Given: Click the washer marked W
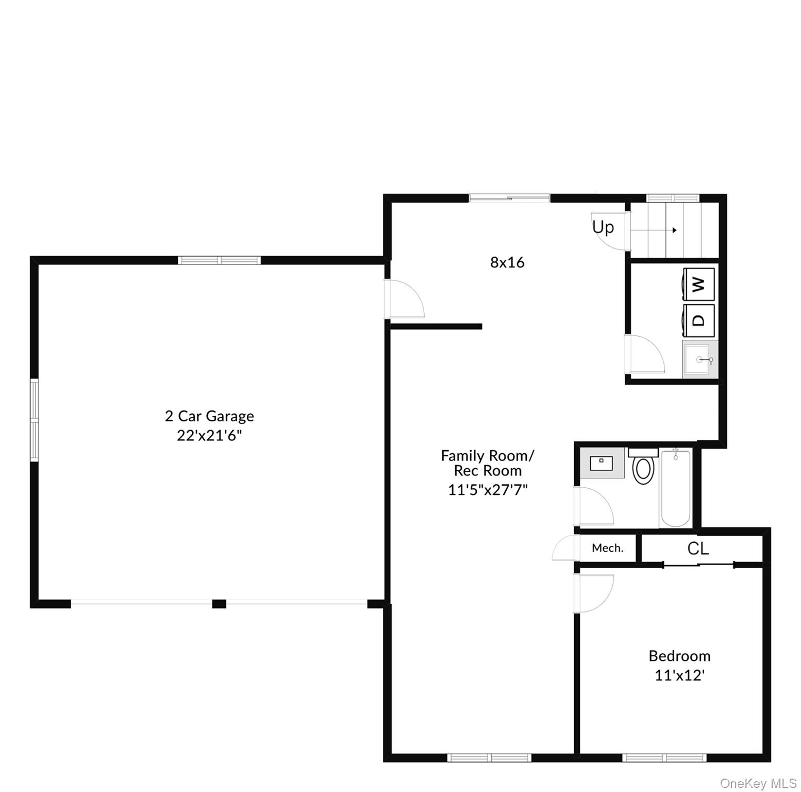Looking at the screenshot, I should tap(698, 284).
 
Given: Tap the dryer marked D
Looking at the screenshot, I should tap(698, 320).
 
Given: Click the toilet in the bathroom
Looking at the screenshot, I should tap(643, 467).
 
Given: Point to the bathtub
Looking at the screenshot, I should tap(675, 487).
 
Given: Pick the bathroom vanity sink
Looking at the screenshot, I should tap(602, 463).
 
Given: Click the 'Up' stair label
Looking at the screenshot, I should tap(603, 227).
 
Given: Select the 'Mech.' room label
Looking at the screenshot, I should tap(607, 548).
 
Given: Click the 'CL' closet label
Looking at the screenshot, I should tap(698, 549).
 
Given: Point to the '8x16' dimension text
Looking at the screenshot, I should tap(507, 262).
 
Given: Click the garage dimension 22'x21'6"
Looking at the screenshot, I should tap(209, 436).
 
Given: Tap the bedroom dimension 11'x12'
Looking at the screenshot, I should tap(679, 675).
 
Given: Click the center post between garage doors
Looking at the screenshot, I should tap(219, 604).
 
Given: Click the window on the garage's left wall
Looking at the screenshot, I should tap(35, 420).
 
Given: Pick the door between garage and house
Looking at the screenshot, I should tap(406, 299).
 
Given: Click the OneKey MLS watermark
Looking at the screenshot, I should tap(758, 784).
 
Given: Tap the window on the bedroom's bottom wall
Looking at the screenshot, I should tap(663, 757).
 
